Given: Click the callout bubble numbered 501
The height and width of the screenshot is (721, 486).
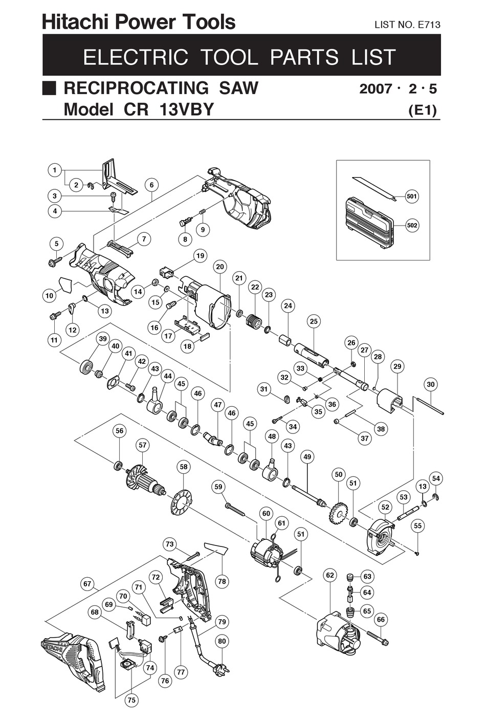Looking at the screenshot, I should [411, 196].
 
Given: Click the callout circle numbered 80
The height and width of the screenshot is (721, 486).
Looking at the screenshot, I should [222, 641].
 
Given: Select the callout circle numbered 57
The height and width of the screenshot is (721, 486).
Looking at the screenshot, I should [142, 445].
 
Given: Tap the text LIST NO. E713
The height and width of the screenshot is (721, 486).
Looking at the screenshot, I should [407, 25].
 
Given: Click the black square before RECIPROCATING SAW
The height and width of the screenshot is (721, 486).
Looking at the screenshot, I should [49, 88].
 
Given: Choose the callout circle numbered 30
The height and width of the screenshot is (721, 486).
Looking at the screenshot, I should [431, 384].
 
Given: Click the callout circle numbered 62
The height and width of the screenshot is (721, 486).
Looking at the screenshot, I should [330, 575].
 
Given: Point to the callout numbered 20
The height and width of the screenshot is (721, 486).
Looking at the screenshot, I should [220, 267].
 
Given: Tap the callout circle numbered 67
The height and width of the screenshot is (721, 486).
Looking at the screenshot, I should [87, 584].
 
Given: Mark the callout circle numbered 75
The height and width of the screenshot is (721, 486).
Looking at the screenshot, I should [132, 700].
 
